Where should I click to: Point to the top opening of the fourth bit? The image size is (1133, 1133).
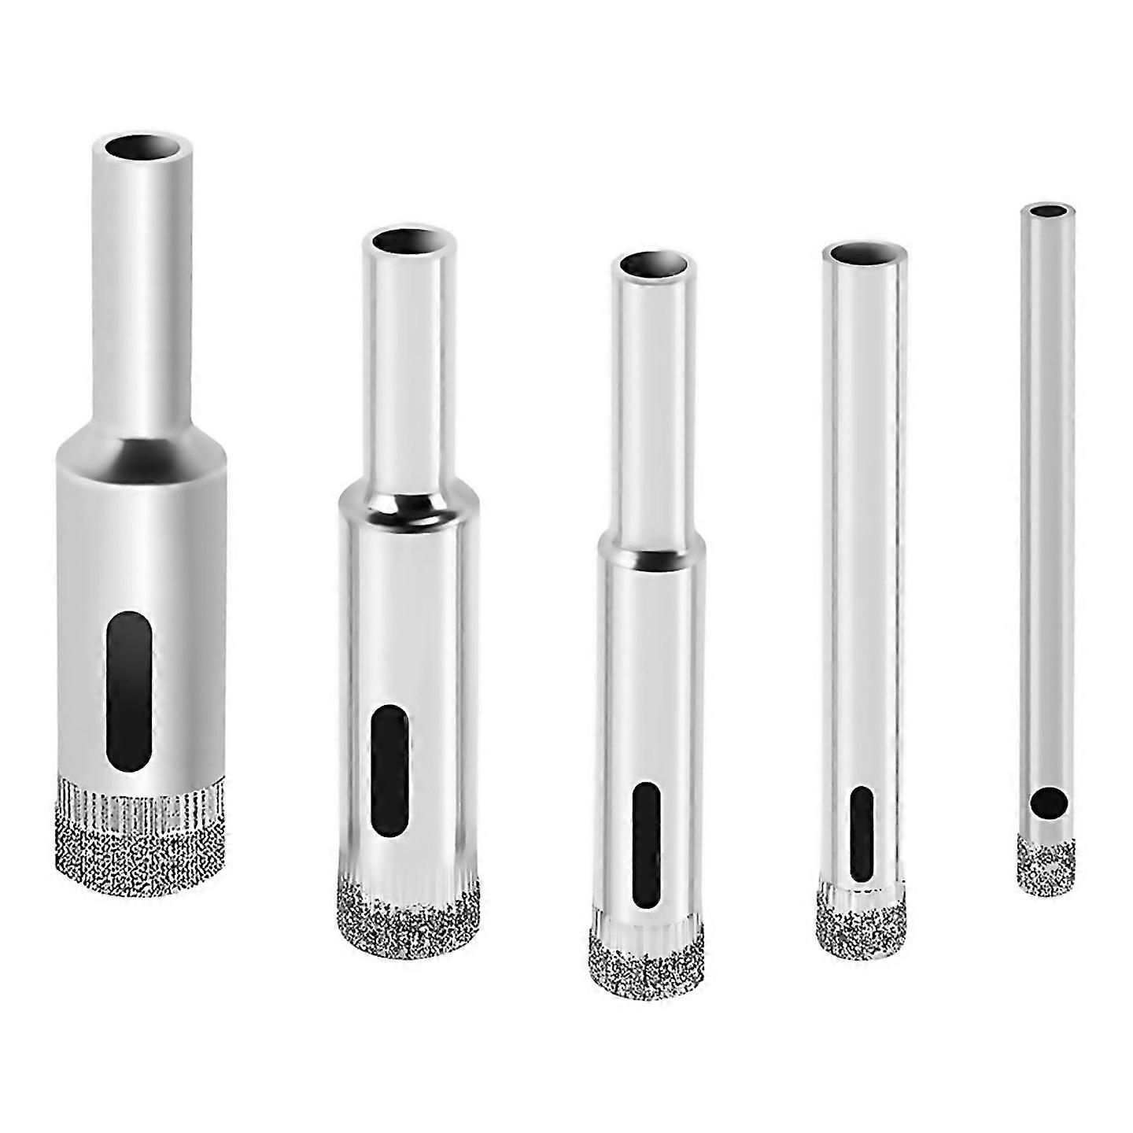[x=863, y=255]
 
